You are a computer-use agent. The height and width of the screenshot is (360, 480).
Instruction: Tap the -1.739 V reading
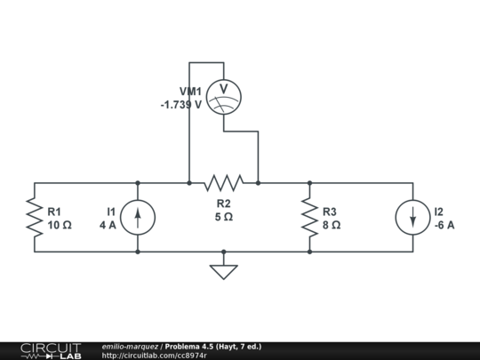click(181, 105)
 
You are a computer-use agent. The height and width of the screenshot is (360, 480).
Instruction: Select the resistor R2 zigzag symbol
click(223, 183)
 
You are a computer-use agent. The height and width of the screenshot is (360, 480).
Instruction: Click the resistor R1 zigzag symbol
click(34, 218)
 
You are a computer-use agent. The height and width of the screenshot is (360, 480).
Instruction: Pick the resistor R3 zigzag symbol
click(309, 218)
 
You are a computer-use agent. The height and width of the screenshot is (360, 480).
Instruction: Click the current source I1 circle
click(138, 218)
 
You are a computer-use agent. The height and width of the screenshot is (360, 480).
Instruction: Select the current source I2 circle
click(413, 218)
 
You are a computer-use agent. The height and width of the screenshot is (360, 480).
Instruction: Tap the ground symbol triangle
click(223, 271)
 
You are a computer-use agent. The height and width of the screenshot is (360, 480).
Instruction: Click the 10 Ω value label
click(60, 226)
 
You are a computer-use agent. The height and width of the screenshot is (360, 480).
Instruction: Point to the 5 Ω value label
click(223, 217)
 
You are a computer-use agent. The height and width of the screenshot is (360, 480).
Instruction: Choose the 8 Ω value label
click(332, 226)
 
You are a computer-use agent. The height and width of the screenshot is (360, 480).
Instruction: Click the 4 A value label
click(108, 226)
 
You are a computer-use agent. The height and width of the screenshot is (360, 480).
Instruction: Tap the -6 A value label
click(444, 226)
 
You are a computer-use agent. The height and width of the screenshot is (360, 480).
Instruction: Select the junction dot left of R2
click(189, 183)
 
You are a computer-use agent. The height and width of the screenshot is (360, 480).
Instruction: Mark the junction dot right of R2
click(258, 183)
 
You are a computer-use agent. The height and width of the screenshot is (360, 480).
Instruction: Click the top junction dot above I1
click(138, 183)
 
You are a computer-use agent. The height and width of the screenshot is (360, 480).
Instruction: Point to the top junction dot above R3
click(309, 183)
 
